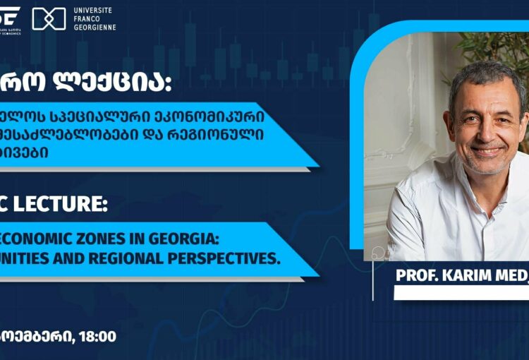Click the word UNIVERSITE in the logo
click(94, 10)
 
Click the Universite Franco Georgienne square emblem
click(49, 18)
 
